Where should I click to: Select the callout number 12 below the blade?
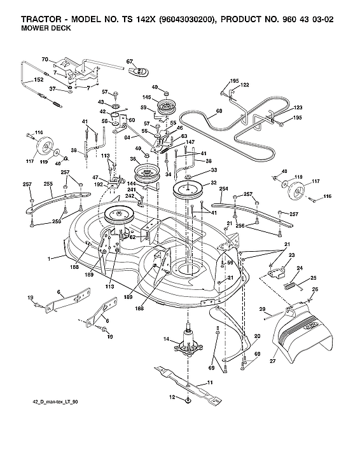point(170,397)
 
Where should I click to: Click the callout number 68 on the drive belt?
point(202,111)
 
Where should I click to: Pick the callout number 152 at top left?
point(38,80)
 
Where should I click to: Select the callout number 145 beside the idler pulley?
point(146,97)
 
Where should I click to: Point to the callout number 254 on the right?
point(223,189)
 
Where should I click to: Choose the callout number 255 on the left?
point(47,184)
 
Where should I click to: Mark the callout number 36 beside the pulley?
point(134,159)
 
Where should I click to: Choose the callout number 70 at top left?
point(45,60)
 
